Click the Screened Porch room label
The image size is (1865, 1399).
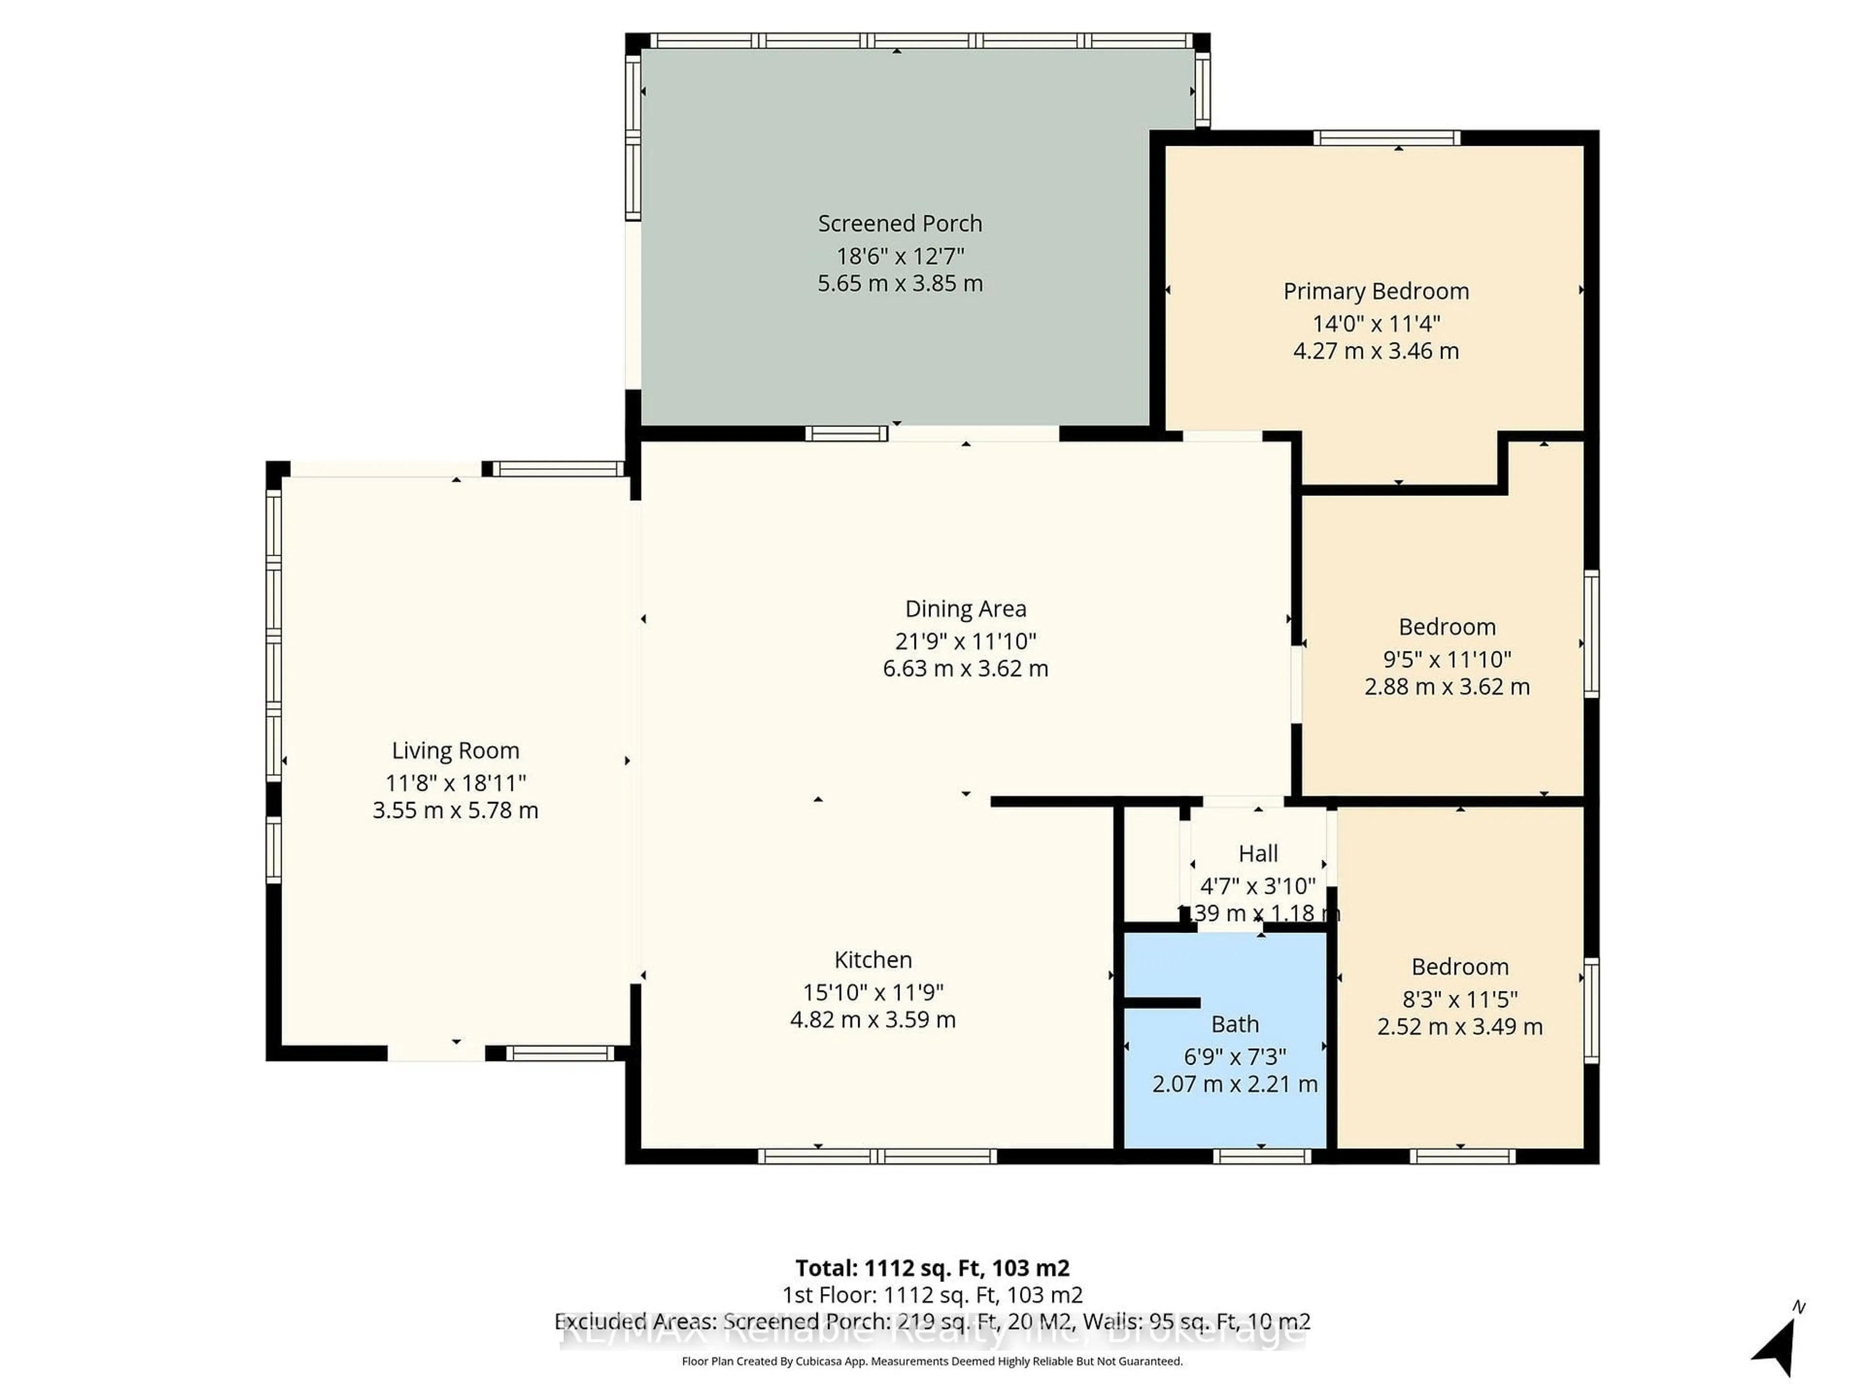pyautogui.click(x=899, y=223)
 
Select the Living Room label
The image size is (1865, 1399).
pyautogui.click(x=455, y=751)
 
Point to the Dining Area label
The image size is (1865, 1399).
pyautogui.click(x=966, y=609)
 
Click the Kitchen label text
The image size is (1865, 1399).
pyautogui.click(x=873, y=960)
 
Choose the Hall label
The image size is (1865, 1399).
pyautogui.click(x=1258, y=853)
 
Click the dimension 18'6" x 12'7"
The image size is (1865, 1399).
pyautogui.click(x=899, y=256)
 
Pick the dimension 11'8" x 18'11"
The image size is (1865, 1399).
pyautogui.click(x=455, y=783)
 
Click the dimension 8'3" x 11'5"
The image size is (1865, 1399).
pyautogui.click(x=1459, y=999)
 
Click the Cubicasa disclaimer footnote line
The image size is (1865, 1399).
pyautogui.click(x=932, y=1361)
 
